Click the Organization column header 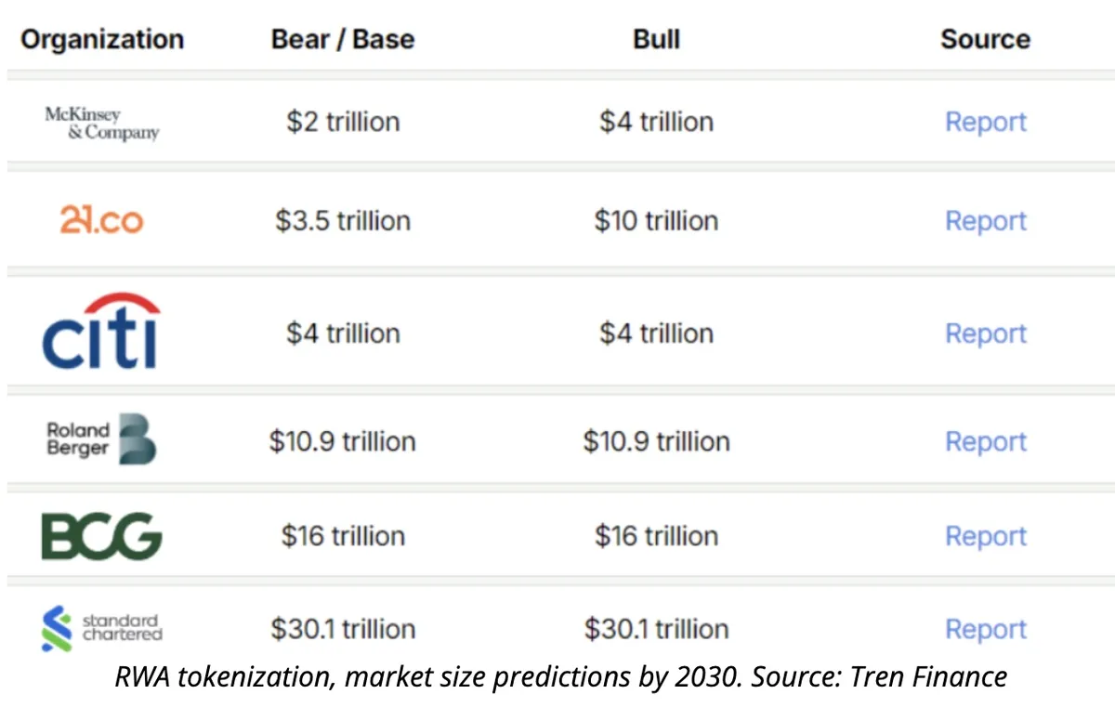pyautogui.click(x=102, y=39)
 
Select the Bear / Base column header pyautogui.click(x=343, y=39)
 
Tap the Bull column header pyautogui.click(x=656, y=39)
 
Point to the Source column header pyautogui.click(x=985, y=39)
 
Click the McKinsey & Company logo pyautogui.click(x=101, y=123)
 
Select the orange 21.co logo pyautogui.click(x=101, y=220)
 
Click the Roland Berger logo pyautogui.click(x=101, y=440)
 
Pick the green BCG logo pyautogui.click(x=101, y=536)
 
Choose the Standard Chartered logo pyautogui.click(x=101, y=628)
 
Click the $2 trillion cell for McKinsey pyautogui.click(x=343, y=122)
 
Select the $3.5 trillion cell pyautogui.click(x=343, y=221)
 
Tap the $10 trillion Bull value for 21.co pyautogui.click(x=656, y=221)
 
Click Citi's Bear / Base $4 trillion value pyautogui.click(x=343, y=334)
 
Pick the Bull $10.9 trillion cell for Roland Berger pyautogui.click(x=656, y=441)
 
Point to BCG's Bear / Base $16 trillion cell pyautogui.click(x=343, y=536)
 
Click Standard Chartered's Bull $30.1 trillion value pyautogui.click(x=656, y=629)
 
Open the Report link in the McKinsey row pyautogui.click(x=985, y=122)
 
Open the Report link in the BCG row pyautogui.click(x=985, y=536)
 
